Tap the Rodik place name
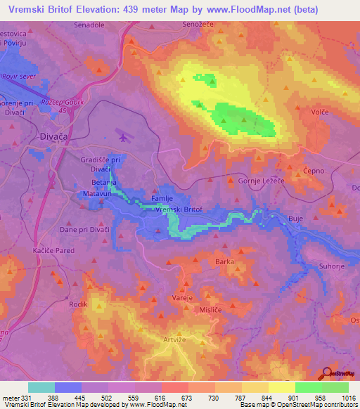click(x=78, y=304)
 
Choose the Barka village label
click(x=224, y=261)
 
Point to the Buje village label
click(x=296, y=219)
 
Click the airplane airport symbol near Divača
click(x=124, y=138)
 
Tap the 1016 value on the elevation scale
click(x=349, y=397)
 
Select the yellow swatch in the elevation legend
click(x=281, y=387)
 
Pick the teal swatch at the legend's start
click(x=41, y=387)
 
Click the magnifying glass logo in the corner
click(x=326, y=372)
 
